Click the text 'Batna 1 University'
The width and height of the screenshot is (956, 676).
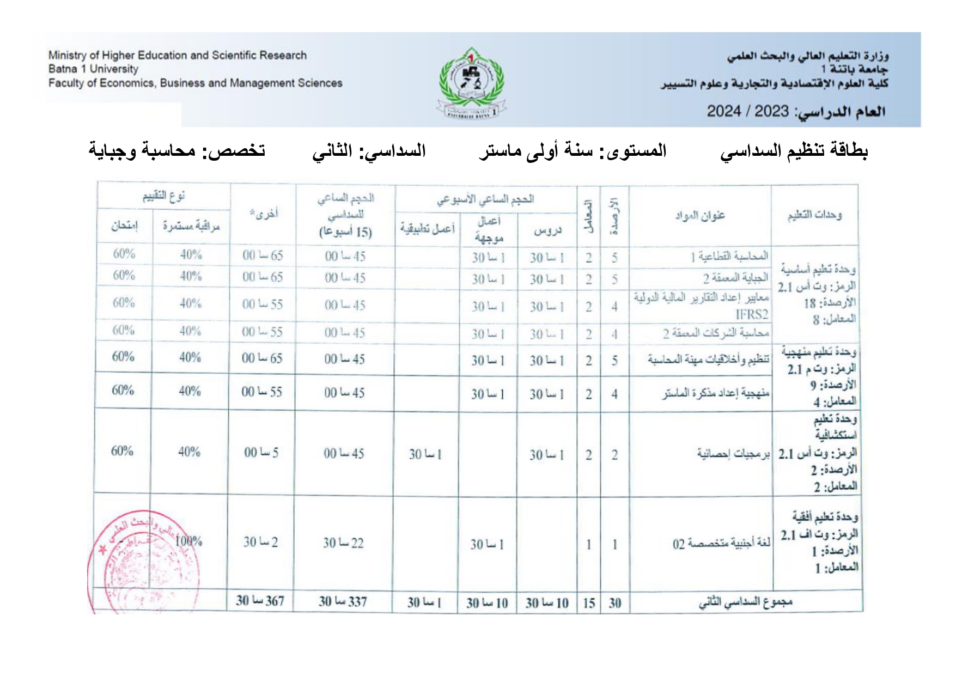[93, 69]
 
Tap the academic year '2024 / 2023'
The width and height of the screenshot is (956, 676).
[747, 111]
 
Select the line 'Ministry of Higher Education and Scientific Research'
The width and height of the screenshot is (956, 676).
[177, 55]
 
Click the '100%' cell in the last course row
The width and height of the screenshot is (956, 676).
[188, 541]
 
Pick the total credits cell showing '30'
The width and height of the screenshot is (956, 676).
[615, 603]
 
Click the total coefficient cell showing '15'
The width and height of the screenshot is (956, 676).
[589, 603]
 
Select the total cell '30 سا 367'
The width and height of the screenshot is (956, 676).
[260, 601]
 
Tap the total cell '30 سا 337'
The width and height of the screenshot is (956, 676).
[343, 601]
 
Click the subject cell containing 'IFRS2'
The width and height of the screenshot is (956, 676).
[701, 306]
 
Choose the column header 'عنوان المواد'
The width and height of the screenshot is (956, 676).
[700, 216]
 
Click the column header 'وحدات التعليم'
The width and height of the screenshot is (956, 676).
[814, 215]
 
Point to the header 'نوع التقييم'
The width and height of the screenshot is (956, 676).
[163, 196]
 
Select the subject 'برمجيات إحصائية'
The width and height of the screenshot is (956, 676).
[733, 454]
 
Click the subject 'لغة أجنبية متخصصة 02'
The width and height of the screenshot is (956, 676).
[721, 544]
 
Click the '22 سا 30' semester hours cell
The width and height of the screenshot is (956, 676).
[343, 543]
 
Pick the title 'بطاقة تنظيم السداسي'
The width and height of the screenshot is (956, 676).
[794, 151]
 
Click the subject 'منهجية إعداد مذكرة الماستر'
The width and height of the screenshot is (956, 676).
[716, 393]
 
